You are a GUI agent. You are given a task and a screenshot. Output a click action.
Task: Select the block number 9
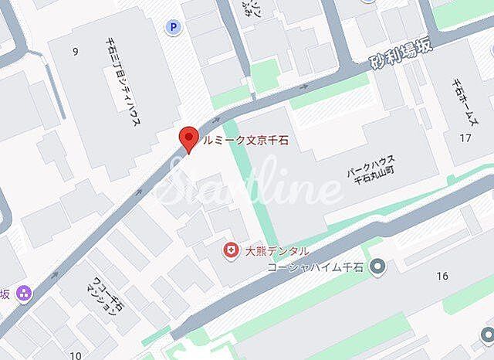[x=75, y=53]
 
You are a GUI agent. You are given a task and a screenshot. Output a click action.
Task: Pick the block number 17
[x=465, y=138]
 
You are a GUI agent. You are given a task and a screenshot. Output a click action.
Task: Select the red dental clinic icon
[x=229, y=250]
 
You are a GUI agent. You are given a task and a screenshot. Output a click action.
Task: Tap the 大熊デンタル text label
[x=276, y=250]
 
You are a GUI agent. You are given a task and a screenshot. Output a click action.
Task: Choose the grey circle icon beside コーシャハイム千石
[x=377, y=267]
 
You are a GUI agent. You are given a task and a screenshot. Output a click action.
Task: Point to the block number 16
[x=442, y=276]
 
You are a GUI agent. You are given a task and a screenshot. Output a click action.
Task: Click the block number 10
[x=75, y=355]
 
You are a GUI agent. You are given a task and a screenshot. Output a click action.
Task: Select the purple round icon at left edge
[x=24, y=293]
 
